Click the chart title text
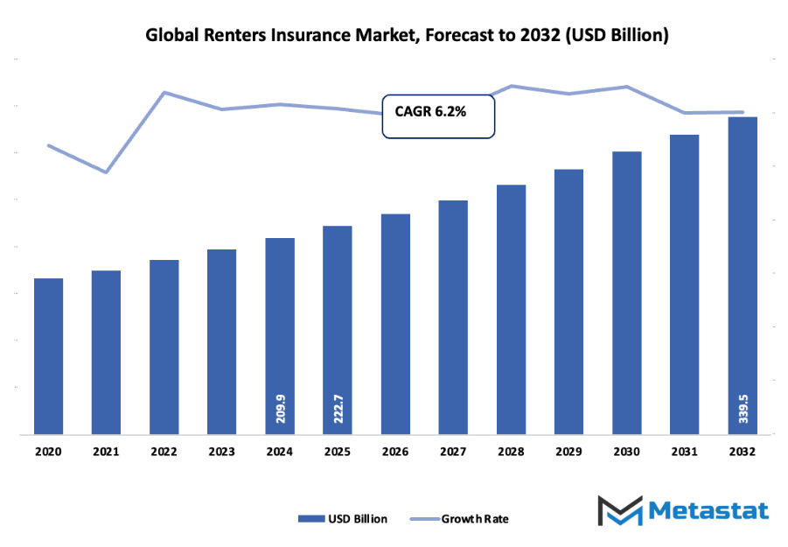click(x=407, y=36)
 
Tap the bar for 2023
click(x=221, y=341)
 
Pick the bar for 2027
click(x=453, y=317)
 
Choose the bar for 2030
click(x=626, y=292)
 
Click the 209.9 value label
click(x=280, y=409)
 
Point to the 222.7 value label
click(x=338, y=409)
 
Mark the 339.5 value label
click(x=743, y=409)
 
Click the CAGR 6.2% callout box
click(x=438, y=116)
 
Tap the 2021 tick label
click(x=106, y=452)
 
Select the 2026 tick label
click(x=395, y=452)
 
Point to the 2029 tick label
click(x=568, y=452)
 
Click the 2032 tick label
click(x=743, y=452)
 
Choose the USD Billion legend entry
click(x=343, y=518)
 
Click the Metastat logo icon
click(x=619, y=511)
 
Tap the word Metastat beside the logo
click(x=708, y=511)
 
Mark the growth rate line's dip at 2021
click(x=106, y=172)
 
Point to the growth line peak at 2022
click(x=164, y=92)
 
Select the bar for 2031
click(x=684, y=284)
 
